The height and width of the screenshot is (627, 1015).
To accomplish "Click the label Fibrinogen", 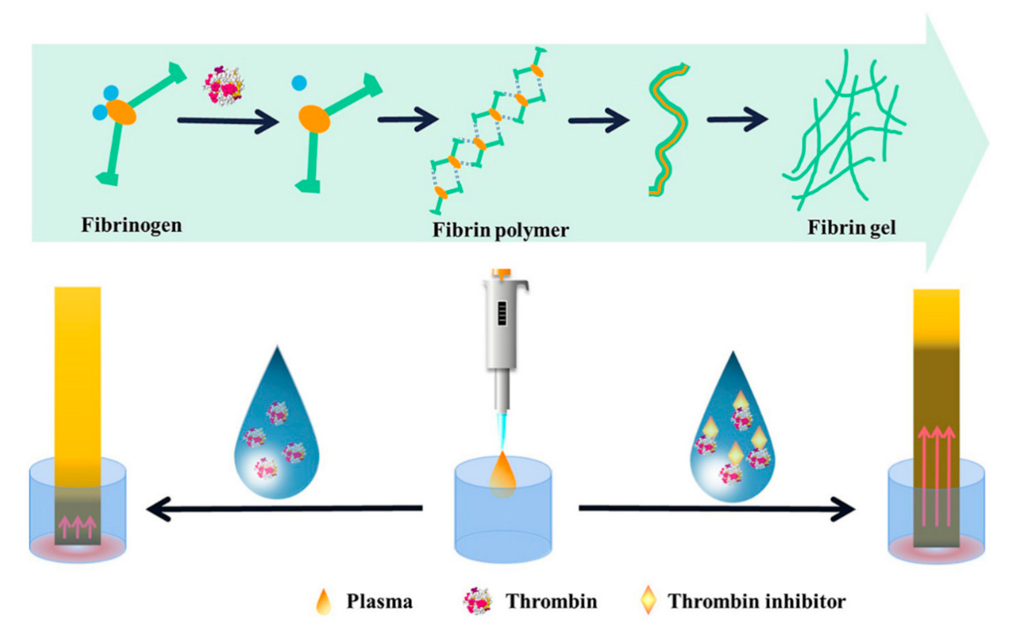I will [132, 226].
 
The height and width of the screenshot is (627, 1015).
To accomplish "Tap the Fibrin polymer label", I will [500, 230].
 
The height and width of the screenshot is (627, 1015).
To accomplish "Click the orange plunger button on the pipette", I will [501, 273].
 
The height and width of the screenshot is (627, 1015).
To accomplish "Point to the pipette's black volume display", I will [501, 314].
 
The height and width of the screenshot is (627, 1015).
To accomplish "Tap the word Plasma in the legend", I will [379, 601].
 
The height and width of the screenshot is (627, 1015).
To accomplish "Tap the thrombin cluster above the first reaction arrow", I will [224, 85].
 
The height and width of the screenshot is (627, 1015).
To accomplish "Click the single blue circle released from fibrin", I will [299, 83].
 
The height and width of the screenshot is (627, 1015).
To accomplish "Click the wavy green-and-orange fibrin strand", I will [669, 129].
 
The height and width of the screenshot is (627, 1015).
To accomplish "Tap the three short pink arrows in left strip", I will [78, 527].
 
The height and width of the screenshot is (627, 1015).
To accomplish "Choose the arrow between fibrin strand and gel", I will [737, 120].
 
